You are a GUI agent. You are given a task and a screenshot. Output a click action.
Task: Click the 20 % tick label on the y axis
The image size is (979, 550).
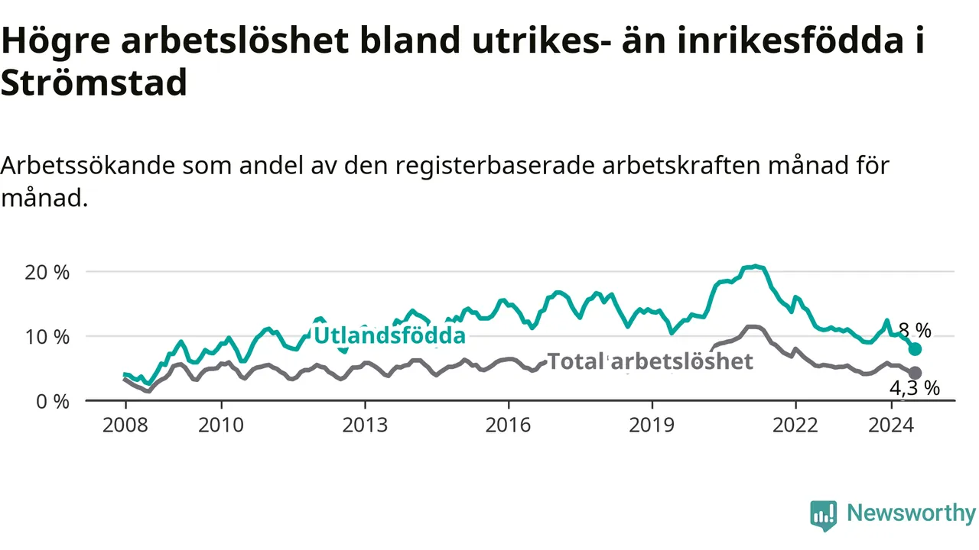47,273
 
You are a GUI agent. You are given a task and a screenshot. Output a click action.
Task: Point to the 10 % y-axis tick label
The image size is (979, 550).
47,337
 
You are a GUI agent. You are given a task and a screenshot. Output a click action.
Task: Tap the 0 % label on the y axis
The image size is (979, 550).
53,402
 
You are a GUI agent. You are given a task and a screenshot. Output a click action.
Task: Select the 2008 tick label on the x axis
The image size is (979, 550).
125,425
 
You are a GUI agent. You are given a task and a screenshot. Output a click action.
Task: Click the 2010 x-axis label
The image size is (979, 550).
221,425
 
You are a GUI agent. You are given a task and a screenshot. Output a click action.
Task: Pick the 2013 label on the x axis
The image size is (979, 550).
365,425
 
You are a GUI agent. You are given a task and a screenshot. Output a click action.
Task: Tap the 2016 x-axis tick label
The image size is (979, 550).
509,425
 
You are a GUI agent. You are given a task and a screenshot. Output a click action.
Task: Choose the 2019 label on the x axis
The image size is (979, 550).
652,425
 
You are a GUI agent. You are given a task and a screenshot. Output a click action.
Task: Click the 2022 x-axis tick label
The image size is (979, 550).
795,425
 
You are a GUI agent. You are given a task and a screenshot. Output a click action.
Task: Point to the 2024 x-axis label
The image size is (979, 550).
891,425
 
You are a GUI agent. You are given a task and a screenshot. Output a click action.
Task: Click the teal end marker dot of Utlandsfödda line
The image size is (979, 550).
915,349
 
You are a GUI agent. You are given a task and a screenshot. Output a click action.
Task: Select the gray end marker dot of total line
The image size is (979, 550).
915,374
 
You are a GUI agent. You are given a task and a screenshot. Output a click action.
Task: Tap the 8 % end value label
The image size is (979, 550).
915,331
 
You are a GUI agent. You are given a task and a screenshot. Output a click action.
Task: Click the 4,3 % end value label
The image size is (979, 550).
915,388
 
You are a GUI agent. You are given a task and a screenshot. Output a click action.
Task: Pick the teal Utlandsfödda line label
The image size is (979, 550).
390,335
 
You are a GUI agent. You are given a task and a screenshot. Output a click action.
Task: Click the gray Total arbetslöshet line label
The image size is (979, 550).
650,361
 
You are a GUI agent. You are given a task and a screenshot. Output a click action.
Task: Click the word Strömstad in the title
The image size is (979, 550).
94,82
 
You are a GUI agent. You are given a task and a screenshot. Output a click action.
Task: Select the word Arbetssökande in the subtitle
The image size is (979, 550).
88,166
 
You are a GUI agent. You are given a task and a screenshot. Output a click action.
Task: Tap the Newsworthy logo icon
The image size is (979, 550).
824,516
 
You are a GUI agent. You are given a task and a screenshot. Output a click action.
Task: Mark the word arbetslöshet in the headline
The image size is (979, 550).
235,40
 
